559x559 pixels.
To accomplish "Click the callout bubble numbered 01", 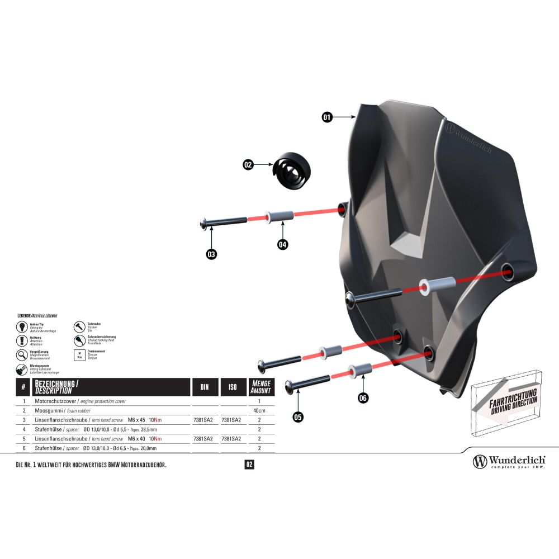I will pos(327,117).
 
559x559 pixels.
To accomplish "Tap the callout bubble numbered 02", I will pos(248,165).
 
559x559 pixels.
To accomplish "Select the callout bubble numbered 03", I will pos(211,254).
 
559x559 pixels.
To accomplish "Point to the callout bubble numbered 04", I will pos(283,244).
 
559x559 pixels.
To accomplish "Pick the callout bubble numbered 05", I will pos(298,416).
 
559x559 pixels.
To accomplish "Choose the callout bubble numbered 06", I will pos(363,398).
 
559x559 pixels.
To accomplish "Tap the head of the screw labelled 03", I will pos(203,224).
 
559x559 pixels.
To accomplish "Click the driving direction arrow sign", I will pos(506,401).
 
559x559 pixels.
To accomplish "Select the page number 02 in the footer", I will pos(249,465).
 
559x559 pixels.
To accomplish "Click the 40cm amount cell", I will pos(259,410).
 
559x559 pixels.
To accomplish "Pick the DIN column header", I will pos(205,387).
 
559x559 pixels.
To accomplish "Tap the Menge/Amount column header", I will pos(261,387).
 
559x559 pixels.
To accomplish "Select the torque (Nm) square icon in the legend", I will pos(79,355).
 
